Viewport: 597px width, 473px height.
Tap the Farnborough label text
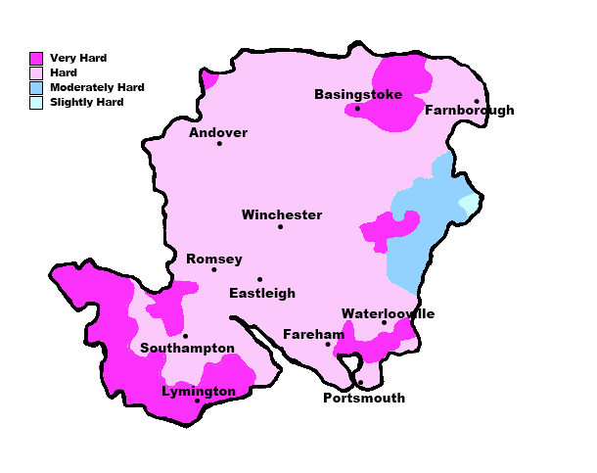click(x=469, y=111)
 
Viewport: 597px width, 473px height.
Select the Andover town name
click(x=218, y=133)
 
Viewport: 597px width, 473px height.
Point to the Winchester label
click(x=282, y=215)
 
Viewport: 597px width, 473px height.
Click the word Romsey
click(x=214, y=260)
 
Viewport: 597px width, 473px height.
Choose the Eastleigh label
click(x=262, y=293)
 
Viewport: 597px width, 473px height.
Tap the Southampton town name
click(x=187, y=349)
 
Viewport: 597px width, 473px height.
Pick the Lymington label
click(x=199, y=392)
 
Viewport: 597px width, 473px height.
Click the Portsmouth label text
click(x=363, y=399)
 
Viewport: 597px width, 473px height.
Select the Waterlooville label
click(x=388, y=314)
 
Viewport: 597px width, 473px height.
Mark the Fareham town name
click(x=313, y=335)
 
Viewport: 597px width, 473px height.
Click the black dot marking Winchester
click(x=280, y=227)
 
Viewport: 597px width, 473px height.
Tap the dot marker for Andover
click(x=219, y=144)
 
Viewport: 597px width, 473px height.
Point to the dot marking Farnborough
click(x=477, y=101)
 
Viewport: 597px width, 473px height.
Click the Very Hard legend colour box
click(x=36, y=59)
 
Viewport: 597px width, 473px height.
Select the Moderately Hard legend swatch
click(x=36, y=88)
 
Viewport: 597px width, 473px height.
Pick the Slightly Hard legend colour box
click(x=36, y=102)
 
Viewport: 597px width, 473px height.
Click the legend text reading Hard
click(x=64, y=73)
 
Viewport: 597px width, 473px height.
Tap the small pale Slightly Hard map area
click(x=470, y=204)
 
